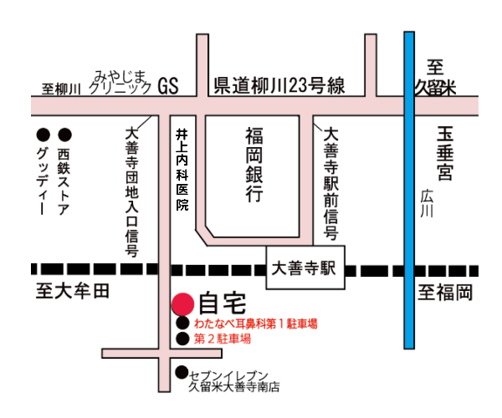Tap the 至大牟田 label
click(x=73, y=292)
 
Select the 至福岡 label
click(x=446, y=293)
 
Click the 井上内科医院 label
click(x=181, y=168)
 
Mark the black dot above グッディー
click(x=42, y=134)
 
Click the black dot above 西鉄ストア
click(x=64, y=134)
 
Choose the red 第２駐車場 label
click(x=223, y=339)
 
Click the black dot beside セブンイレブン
click(x=182, y=373)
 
